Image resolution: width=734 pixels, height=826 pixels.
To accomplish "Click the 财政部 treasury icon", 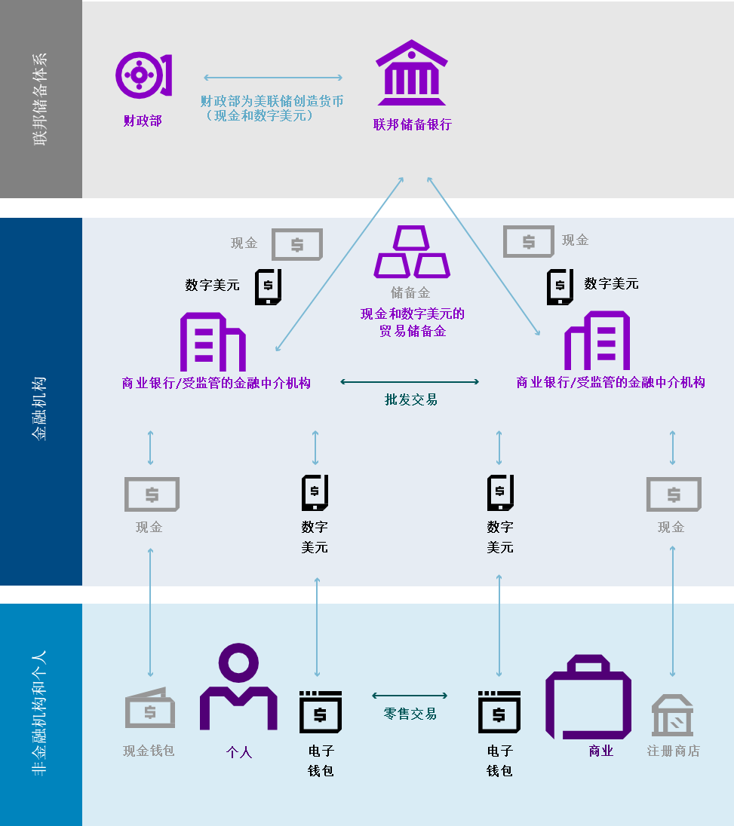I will pos(143,75).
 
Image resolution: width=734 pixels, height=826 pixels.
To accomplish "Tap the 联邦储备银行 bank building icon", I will pos(412,73).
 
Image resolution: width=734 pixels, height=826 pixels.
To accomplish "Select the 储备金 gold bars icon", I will pos(412,252).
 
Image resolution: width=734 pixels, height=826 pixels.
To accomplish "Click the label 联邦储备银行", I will pos(412,124).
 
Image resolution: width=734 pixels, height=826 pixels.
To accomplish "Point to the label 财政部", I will pos(143,121).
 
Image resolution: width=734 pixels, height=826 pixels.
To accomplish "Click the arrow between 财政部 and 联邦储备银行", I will pos(273,78).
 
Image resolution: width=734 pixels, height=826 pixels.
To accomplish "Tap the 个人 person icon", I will pos(238,687).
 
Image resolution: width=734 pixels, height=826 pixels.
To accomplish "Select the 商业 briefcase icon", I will pos(588,697).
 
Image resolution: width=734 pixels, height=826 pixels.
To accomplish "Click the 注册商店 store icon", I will pos(673,716).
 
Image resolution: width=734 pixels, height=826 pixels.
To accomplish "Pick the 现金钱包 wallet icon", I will pos(149,708).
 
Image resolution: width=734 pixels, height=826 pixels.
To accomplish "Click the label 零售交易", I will pos(410,714).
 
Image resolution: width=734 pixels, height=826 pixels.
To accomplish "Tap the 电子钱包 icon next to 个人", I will pos(321,711).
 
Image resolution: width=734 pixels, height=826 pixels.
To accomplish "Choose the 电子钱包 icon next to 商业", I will pos(499,711).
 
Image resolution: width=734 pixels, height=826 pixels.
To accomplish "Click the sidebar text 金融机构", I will pos(39,407).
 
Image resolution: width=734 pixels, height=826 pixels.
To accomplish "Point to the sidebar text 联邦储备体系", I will pos(39,99).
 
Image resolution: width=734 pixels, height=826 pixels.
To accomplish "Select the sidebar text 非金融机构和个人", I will pos(39,712).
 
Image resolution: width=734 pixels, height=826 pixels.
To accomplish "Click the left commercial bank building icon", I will pos(213,342).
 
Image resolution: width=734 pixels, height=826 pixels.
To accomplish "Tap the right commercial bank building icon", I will pos(597,341).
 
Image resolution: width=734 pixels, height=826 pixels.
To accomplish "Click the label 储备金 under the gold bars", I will pos(410,292).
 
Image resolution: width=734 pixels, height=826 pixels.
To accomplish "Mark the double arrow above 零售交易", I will pos(410,696).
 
